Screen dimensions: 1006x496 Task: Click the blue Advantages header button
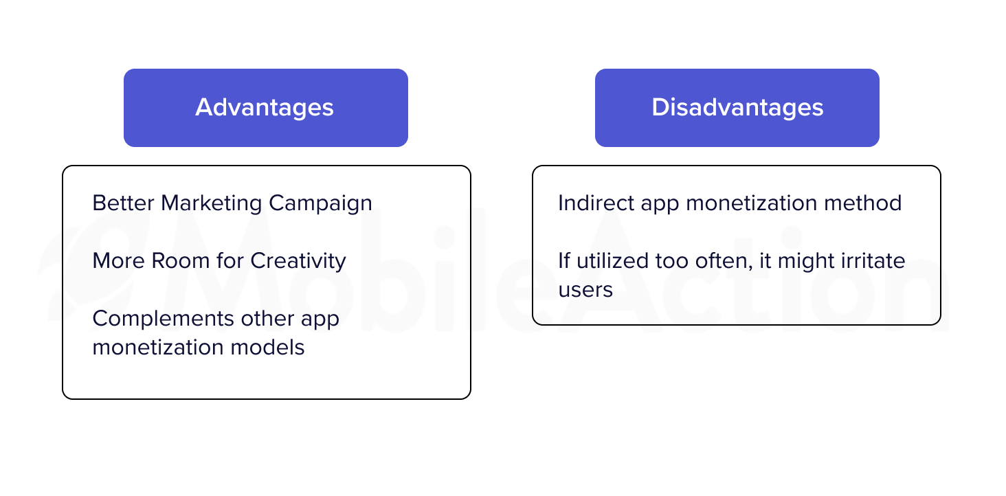click(266, 108)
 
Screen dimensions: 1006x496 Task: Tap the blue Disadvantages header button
click(737, 108)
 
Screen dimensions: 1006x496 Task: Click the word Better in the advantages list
click(123, 203)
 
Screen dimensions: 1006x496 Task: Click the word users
click(585, 290)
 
